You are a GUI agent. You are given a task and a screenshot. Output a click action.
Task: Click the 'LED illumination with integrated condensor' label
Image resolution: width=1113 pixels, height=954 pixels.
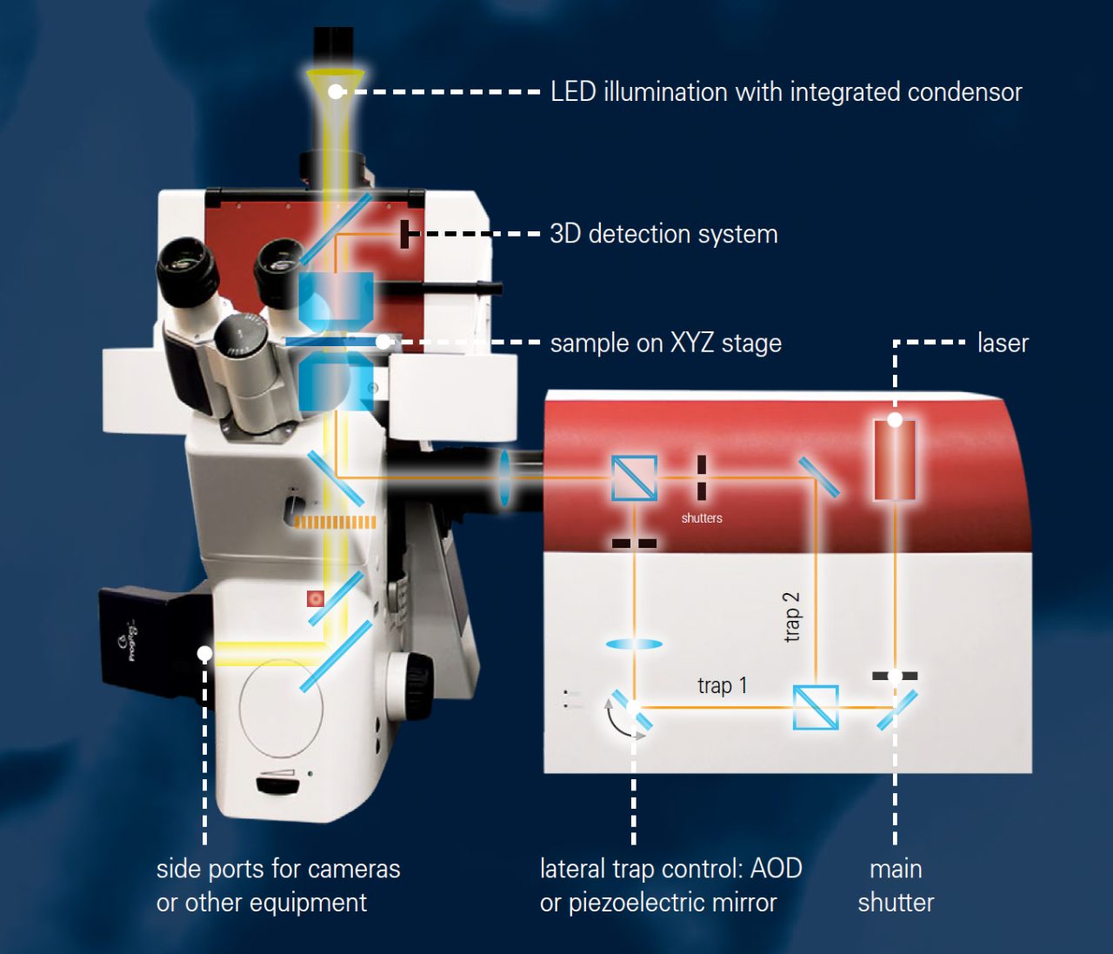[x=786, y=92]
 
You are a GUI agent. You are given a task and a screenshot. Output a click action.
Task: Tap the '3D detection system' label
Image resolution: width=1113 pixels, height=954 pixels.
[x=663, y=234]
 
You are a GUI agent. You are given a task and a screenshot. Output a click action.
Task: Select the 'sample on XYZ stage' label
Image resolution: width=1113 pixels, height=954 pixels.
[x=665, y=344]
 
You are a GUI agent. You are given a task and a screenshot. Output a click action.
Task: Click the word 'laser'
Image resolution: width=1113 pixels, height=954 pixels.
[x=1003, y=344]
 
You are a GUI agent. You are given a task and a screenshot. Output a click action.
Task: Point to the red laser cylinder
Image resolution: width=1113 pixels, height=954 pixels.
[x=895, y=459]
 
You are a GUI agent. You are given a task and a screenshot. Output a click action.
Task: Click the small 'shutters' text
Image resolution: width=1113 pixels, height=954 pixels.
[x=702, y=518]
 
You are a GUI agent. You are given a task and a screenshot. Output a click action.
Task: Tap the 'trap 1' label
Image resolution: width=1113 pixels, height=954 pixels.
[x=722, y=686]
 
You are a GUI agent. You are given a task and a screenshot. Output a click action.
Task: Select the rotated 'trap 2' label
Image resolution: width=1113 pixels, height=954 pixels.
[x=791, y=617]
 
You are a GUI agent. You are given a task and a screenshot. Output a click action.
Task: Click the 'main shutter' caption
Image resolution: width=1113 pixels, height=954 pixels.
[x=896, y=885]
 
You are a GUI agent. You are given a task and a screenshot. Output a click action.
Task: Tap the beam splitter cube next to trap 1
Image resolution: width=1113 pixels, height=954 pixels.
[x=816, y=707]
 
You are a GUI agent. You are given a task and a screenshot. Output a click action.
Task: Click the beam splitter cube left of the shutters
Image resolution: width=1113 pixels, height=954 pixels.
[x=634, y=478]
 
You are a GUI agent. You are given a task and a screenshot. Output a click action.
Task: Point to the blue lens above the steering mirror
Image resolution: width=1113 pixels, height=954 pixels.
[x=634, y=644]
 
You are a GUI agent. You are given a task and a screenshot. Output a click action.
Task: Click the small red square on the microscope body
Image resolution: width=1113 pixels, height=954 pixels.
[x=316, y=598]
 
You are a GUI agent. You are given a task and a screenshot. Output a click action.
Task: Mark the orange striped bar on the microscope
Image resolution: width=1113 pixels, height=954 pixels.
[x=335, y=522]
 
